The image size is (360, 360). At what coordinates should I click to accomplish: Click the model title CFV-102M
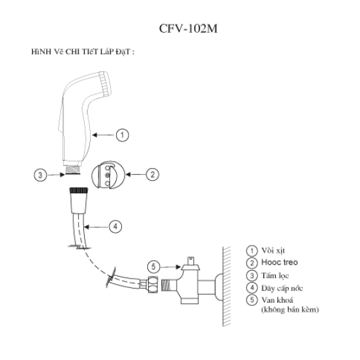click(188, 29)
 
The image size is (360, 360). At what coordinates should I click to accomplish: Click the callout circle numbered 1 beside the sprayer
click(122, 135)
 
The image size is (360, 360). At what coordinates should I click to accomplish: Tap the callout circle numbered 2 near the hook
click(153, 175)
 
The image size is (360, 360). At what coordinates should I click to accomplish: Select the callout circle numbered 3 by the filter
click(41, 175)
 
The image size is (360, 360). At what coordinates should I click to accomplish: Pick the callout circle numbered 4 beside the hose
click(115, 227)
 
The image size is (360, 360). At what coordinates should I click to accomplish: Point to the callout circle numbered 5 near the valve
click(153, 267)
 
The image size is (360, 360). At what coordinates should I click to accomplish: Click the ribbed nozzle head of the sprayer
click(105, 83)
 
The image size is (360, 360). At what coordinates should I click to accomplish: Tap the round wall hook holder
click(108, 175)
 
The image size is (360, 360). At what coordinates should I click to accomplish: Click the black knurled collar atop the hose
click(79, 190)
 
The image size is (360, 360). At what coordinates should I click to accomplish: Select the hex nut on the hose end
click(153, 284)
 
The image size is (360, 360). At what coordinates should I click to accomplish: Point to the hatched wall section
click(227, 286)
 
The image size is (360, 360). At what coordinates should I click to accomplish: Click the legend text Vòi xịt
click(273, 251)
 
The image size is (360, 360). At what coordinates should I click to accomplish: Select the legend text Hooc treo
click(279, 262)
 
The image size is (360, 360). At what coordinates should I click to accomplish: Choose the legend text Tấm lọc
click(275, 275)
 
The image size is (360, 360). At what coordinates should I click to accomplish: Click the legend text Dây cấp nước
click(282, 288)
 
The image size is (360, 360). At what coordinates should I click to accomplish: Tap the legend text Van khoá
click(277, 300)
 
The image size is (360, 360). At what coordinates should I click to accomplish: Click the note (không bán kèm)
click(290, 309)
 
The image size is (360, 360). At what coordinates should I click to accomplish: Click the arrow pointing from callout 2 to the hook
click(136, 175)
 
